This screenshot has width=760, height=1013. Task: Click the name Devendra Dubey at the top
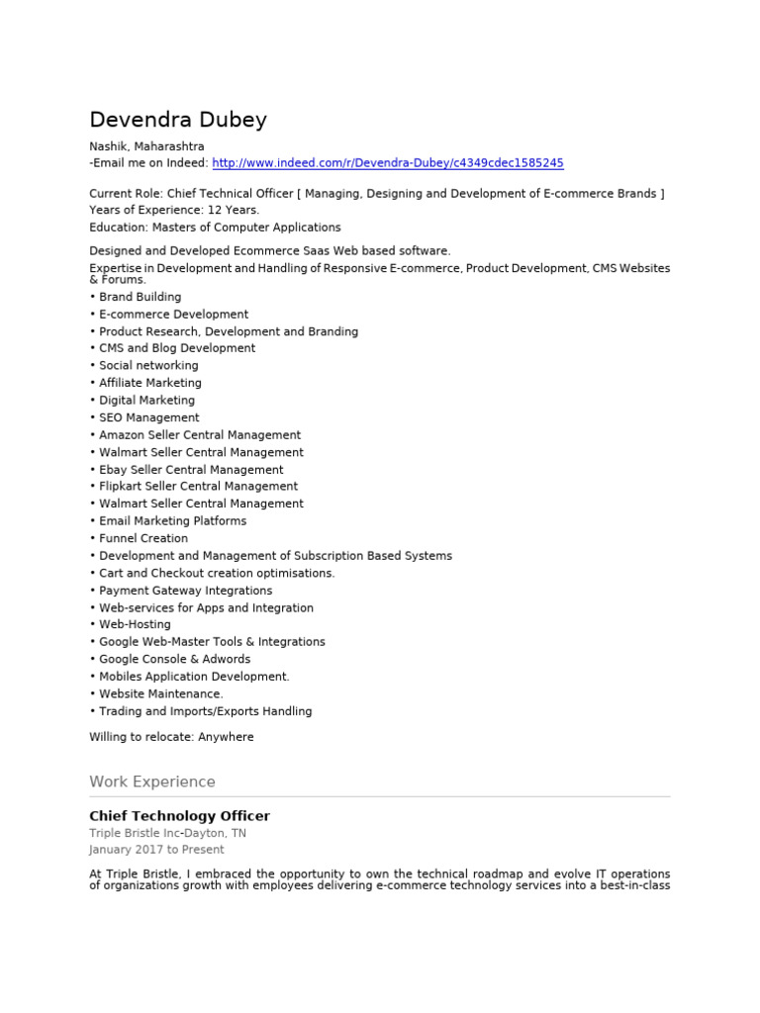click(x=178, y=121)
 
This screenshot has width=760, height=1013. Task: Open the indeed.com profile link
click(x=388, y=163)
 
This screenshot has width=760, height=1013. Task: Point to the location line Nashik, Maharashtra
click(x=146, y=146)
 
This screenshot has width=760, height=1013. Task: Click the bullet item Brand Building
click(x=140, y=297)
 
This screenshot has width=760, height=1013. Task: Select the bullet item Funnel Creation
click(x=142, y=538)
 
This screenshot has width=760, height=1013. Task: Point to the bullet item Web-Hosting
click(x=135, y=624)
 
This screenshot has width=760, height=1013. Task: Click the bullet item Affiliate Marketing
click(x=149, y=383)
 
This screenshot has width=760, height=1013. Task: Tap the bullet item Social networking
click(x=148, y=366)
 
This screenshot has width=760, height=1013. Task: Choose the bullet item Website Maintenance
click(x=160, y=693)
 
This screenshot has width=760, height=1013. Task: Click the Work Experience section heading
click(x=151, y=782)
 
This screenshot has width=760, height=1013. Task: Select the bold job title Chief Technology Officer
click(x=179, y=816)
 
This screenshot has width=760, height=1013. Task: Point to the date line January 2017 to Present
click(x=156, y=850)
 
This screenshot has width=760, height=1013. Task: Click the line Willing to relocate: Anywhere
click(x=171, y=737)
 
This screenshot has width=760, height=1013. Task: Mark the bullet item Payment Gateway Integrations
click(x=185, y=591)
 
